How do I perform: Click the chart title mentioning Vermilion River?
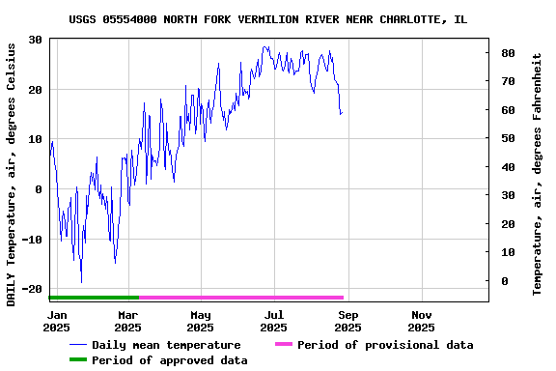(x=268, y=19)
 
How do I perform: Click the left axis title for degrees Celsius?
(x=12, y=174)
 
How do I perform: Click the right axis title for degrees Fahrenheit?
(x=538, y=174)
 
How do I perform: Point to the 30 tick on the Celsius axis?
(x=35, y=40)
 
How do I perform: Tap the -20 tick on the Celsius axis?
(x=31, y=289)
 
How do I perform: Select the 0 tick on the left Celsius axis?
(x=39, y=189)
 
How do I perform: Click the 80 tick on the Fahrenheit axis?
(x=507, y=53)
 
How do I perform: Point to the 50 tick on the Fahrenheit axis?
(x=507, y=138)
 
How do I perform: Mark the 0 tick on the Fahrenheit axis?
(x=503, y=281)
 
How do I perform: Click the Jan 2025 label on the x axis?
(x=57, y=321)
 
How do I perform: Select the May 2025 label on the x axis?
(x=201, y=321)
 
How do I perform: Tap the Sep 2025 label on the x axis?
(x=348, y=321)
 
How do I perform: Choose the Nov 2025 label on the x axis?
(x=422, y=321)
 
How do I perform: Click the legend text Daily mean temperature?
(x=166, y=345)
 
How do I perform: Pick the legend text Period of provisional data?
(x=385, y=345)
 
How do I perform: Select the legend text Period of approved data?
(x=170, y=360)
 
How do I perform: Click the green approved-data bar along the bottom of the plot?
(x=94, y=298)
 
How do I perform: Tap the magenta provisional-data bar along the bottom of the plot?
(x=241, y=298)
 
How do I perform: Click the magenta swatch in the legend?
(x=283, y=345)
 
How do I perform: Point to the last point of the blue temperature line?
(x=342, y=113)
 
